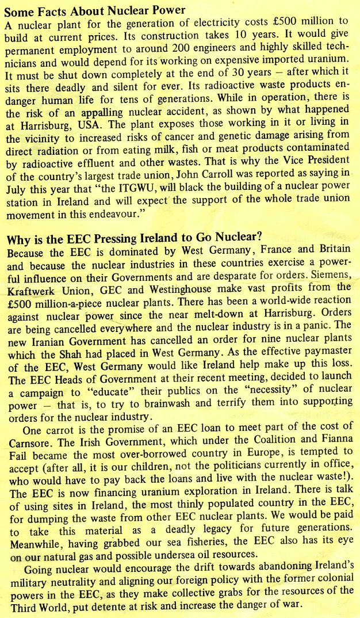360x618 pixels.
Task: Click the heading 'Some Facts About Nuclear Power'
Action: tap(95, 10)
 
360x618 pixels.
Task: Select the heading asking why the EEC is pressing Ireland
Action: tap(134, 236)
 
